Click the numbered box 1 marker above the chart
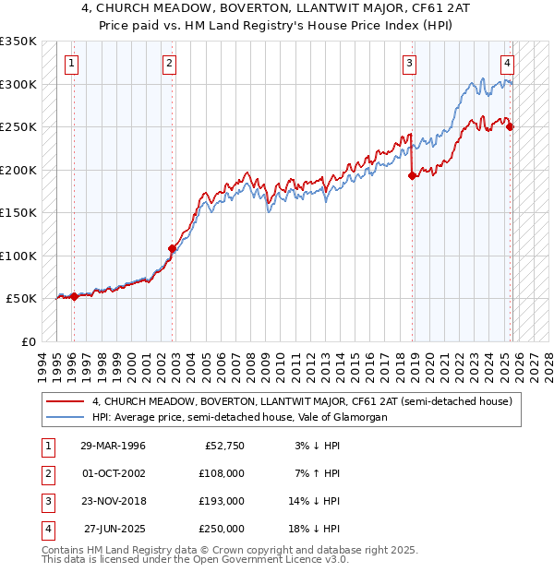pyautogui.click(x=72, y=64)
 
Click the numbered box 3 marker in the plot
pyautogui.click(x=409, y=64)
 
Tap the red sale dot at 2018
pyautogui.click(x=412, y=176)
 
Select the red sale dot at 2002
pyautogui.click(x=172, y=248)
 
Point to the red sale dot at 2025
pyautogui.click(x=511, y=127)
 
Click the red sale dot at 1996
pyautogui.click(x=74, y=296)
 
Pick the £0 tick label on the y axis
pyautogui.click(x=27, y=341)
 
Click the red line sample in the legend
pyautogui.click(x=66, y=401)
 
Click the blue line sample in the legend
pyautogui.click(x=66, y=417)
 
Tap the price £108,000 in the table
pyautogui.click(x=223, y=473)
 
